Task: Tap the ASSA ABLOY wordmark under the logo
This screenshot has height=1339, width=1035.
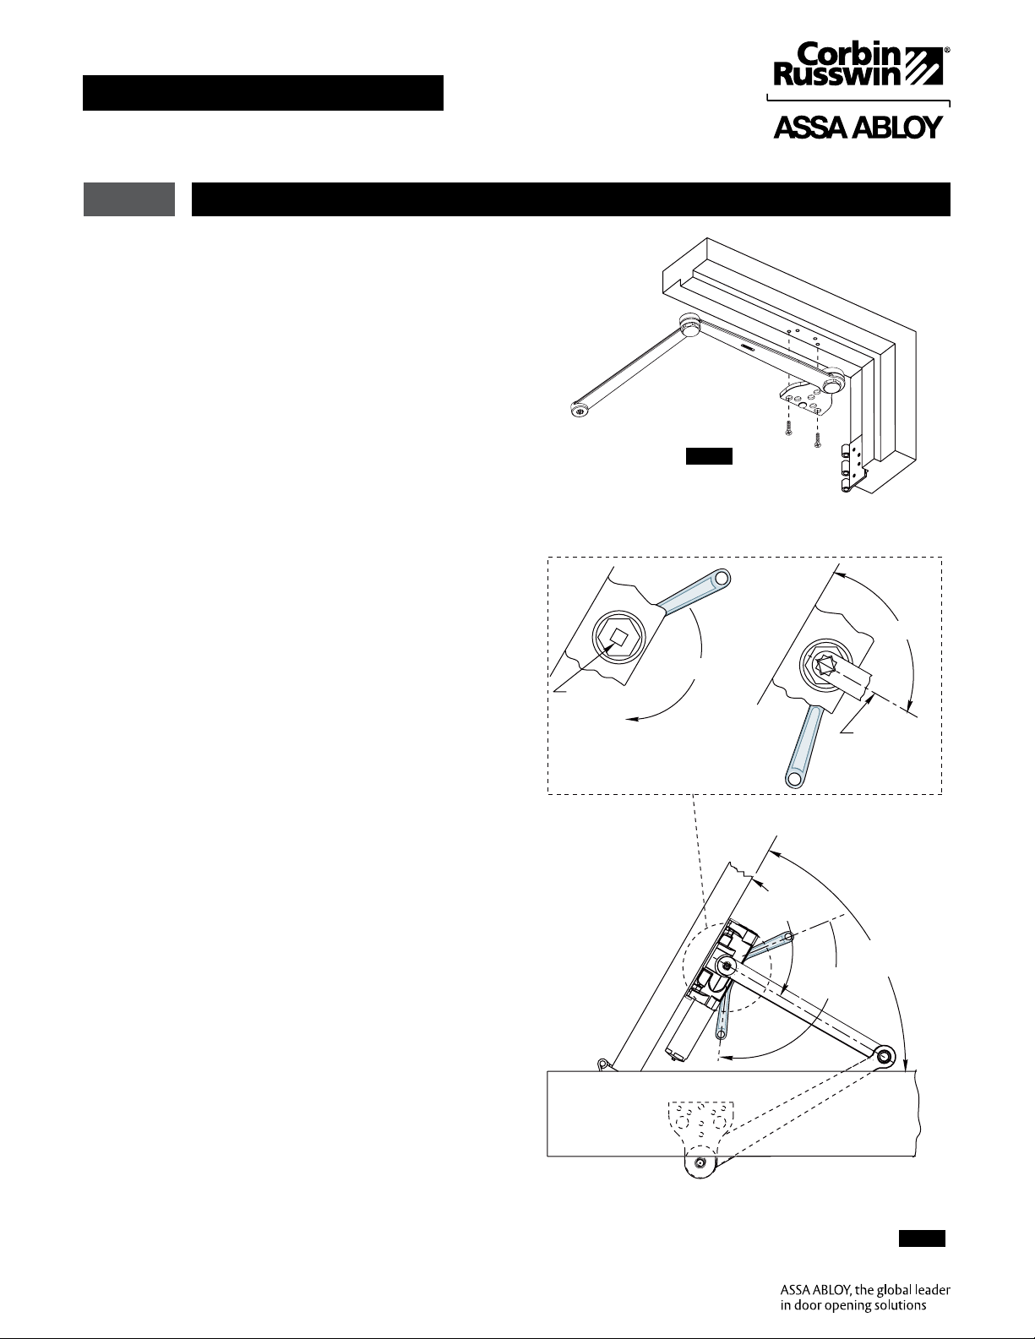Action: click(x=858, y=128)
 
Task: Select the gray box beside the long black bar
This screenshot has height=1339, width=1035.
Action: click(x=129, y=199)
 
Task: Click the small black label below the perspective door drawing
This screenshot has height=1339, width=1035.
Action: click(x=709, y=456)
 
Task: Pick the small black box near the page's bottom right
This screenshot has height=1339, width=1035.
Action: click(x=922, y=1238)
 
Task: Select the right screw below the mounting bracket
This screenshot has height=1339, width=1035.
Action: click(x=817, y=439)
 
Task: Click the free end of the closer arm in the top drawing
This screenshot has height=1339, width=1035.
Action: click(x=579, y=409)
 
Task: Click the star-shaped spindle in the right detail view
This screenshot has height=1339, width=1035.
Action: click(x=823, y=667)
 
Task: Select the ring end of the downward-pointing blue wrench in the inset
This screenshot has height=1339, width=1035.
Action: click(x=794, y=778)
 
